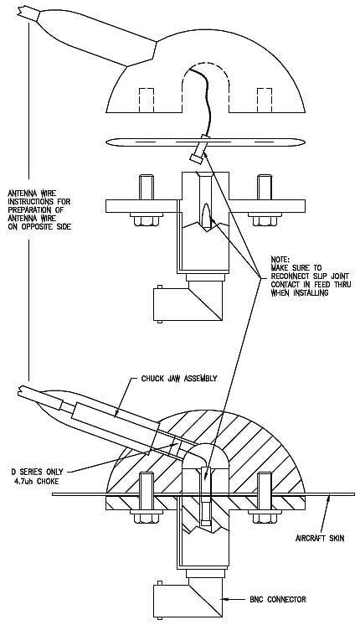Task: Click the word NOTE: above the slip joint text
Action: point(280,259)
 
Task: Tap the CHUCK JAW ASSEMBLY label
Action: point(179,378)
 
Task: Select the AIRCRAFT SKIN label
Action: point(320,539)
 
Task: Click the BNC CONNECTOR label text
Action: point(278,599)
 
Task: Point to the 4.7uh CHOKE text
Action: point(40,481)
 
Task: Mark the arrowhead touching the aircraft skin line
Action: point(329,497)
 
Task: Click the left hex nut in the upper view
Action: point(147,220)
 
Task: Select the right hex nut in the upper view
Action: point(265,220)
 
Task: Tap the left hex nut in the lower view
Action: point(147,517)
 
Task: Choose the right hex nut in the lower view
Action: point(265,517)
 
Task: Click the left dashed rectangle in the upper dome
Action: point(147,101)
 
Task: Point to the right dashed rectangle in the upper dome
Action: point(265,101)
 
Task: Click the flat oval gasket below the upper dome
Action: point(206,142)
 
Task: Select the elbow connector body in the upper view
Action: point(188,304)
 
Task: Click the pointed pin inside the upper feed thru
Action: point(206,216)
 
